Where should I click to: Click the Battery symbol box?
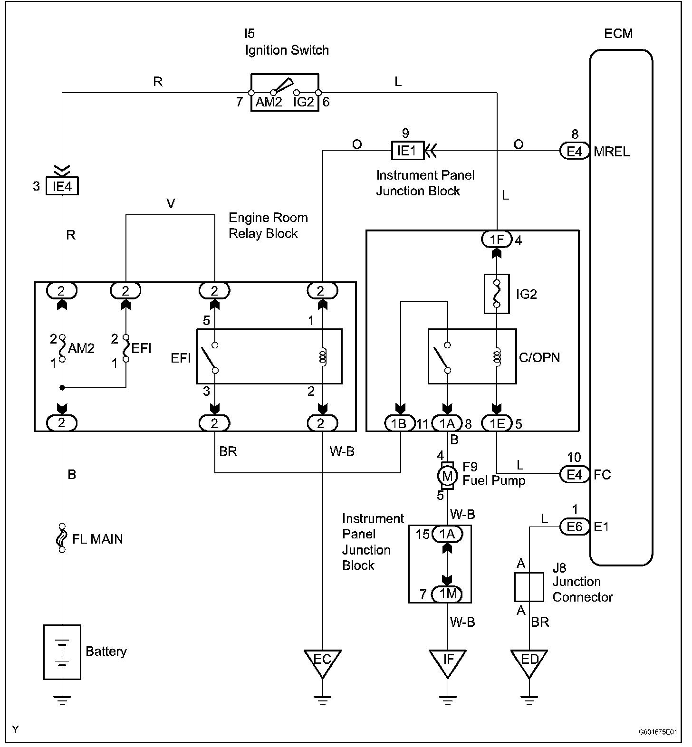coord(62,651)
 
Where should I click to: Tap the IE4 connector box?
coord(62,186)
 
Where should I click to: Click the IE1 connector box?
coord(407,151)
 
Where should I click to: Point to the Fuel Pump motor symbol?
coord(447,475)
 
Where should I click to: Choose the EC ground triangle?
coord(322,662)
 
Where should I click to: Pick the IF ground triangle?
coord(448,662)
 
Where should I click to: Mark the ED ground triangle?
coord(529,662)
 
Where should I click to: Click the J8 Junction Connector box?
coord(529,587)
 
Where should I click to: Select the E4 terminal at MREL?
coord(575,151)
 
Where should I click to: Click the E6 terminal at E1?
coord(575,526)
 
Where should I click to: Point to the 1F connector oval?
coord(497,239)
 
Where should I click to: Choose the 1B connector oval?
coord(400,423)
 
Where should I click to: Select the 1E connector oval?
coord(497,423)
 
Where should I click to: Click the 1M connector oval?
coord(448,594)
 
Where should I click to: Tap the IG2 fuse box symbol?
coord(497,294)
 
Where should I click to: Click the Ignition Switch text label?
coord(287,50)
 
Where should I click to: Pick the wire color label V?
coord(171,204)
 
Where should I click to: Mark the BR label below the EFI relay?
coord(228,451)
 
